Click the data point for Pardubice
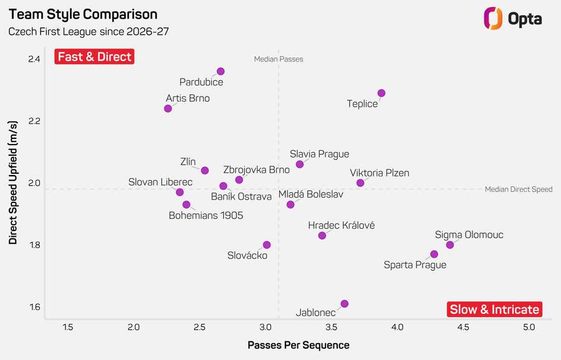[x=221, y=72]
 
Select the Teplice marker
[x=381, y=93]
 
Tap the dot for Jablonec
[x=344, y=304]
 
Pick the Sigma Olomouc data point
[x=450, y=245]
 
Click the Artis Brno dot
[x=168, y=108]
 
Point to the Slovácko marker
[x=267, y=245]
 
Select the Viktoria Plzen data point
[x=360, y=183]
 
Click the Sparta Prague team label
[x=415, y=265]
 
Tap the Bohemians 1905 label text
[x=206, y=216]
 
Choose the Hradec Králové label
[x=342, y=225]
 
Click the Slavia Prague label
[x=320, y=154]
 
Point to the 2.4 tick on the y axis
[x=34, y=59]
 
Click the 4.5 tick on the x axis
[x=463, y=327]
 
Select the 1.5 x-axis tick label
[x=67, y=327]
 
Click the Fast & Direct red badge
[x=95, y=57]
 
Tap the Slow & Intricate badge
[x=494, y=309]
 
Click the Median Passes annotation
[x=279, y=59]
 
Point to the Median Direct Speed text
[x=519, y=189]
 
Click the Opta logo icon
[x=493, y=18]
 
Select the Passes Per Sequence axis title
[x=299, y=345]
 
